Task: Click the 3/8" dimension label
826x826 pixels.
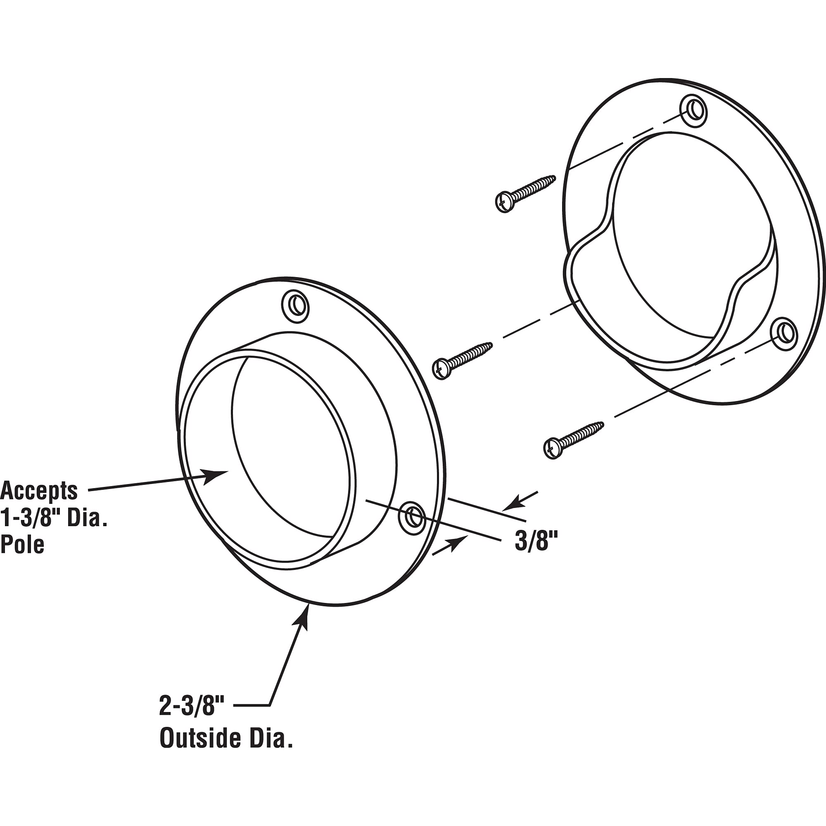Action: [x=536, y=542]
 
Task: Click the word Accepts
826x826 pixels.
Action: [x=39, y=490]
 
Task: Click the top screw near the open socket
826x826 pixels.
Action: [x=525, y=193]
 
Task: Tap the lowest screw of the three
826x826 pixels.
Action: [x=573, y=440]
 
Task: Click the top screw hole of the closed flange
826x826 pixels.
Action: [x=295, y=306]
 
